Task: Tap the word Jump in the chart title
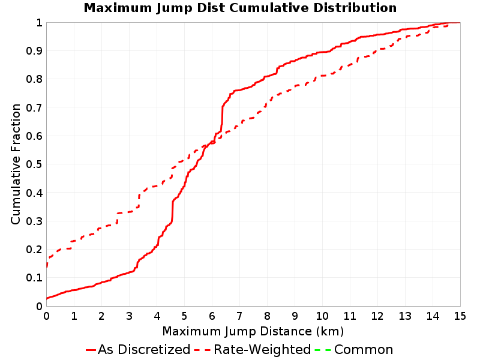(x=175, y=8)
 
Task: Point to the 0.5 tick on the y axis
(x=34, y=164)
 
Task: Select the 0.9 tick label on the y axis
(x=34, y=51)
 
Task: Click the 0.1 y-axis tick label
(x=34, y=278)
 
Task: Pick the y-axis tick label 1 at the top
(x=39, y=23)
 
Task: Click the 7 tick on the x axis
(x=239, y=316)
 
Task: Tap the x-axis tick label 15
(x=460, y=316)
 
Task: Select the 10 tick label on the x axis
(x=322, y=316)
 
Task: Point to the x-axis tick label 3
(x=129, y=316)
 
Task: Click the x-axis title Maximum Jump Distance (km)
(x=253, y=332)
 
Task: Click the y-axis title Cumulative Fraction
(x=16, y=164)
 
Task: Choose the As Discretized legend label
(x=144, y=349)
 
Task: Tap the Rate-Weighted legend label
(x=262, y=349)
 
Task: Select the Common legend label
(x=364, y=350)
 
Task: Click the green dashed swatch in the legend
(x=323, y=350)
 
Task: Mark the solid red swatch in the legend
(x=91, y=350)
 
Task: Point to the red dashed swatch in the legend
(x=202, y=350)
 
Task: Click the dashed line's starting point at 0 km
(x=47, y=266)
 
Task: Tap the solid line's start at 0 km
(x=47, y=298)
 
